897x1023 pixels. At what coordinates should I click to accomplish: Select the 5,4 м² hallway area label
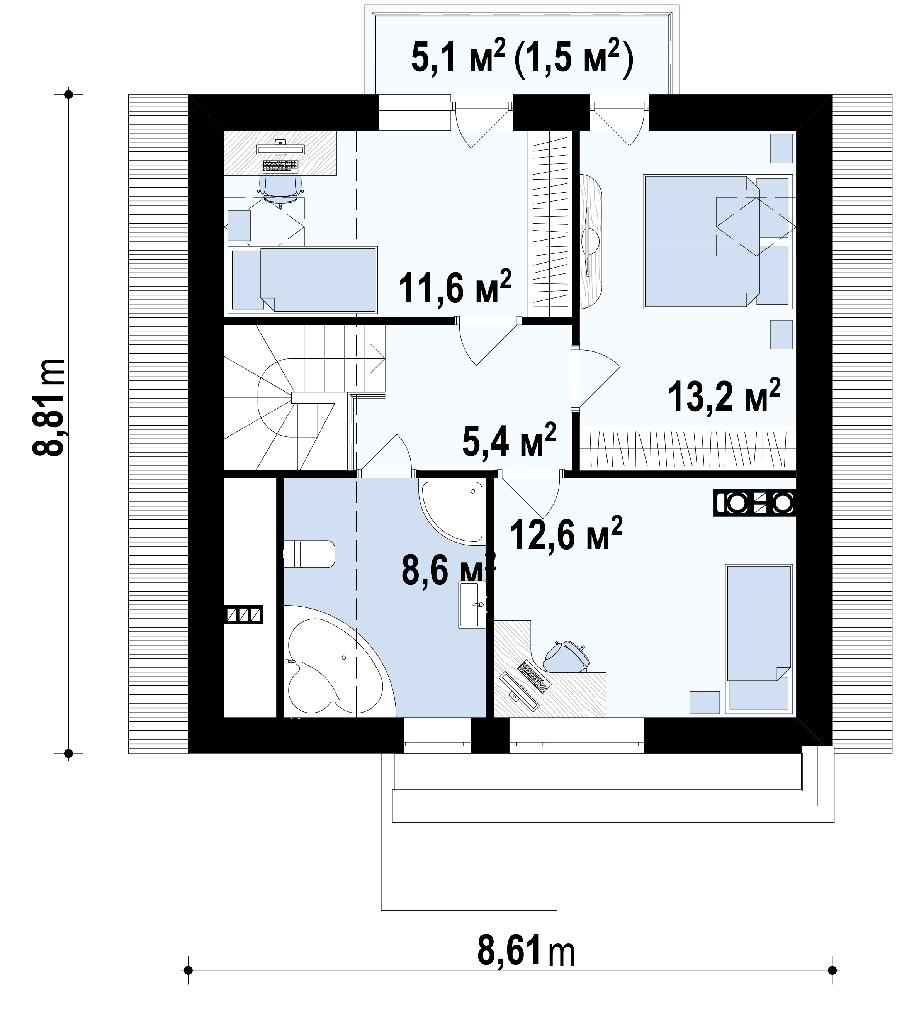[509, 440]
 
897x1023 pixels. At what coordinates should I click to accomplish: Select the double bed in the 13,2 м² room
[718, 240]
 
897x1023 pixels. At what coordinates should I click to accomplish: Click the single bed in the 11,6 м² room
[302, 279]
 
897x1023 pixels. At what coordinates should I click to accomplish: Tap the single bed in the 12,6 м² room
[759, 639]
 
